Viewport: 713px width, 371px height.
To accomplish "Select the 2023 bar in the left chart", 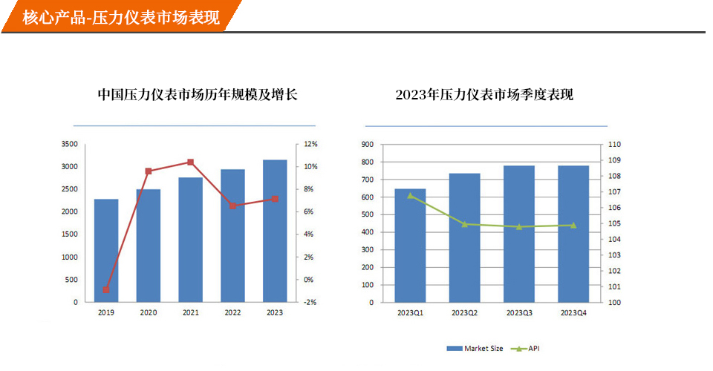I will click(x=275, y=231).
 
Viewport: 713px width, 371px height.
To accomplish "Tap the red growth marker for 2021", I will click(x=191, y=162).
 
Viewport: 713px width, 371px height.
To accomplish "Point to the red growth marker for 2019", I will click(x=106, y=290).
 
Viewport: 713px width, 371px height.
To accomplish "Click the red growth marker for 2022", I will click(x=232, y=206).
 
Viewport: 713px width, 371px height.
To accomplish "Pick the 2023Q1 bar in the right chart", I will click(x=410, y=246).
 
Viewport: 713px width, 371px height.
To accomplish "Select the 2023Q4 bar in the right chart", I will click(x=573, y=234).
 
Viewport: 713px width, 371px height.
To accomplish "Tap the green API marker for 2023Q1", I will click(x=410, y=195).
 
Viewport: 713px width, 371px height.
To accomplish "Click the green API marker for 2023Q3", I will click(x=518, y=226).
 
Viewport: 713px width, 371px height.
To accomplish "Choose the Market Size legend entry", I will click(x=475, y=349).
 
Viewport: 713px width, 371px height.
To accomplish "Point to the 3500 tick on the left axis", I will click(x=69, y=144).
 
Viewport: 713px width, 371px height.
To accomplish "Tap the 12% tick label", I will click(x=310, y=144).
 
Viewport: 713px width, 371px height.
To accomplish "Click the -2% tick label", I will click(x=310, y=303).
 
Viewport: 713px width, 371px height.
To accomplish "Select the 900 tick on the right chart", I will click(x=368, y=144).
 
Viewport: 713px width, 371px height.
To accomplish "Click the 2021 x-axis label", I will click(x=191, y=313).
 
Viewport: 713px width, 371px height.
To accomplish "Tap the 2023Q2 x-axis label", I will click(x=464, y=313).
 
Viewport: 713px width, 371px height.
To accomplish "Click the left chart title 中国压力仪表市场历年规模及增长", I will click(x=198, y=95).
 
